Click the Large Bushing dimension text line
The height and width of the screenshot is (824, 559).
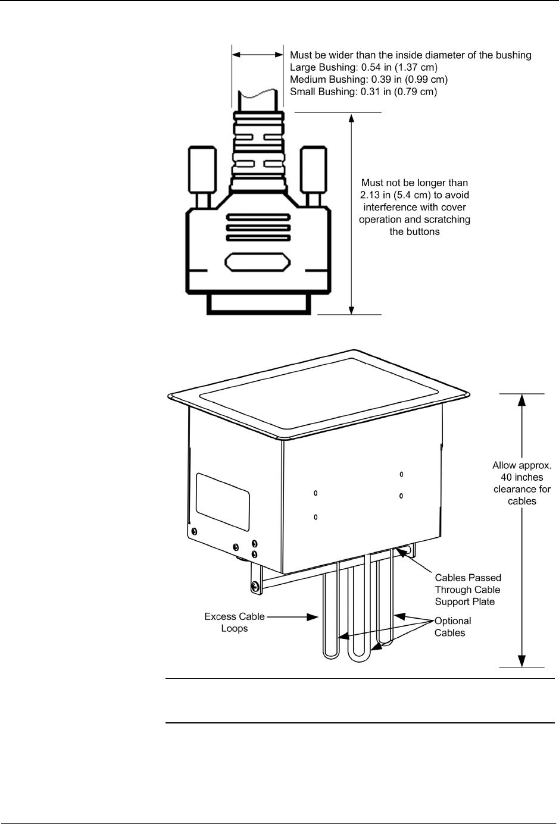pyautogui.click(x=364, y=67)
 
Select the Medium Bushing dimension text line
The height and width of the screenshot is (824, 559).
pyautogui.click(x=368, y=79)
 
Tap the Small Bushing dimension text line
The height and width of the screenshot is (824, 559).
pyautogui.click(x=363, y=92)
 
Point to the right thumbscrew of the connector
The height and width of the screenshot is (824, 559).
pyautogui.click(x=313, y=169)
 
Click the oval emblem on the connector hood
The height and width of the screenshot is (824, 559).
pyautogui.click(x=258, y=262)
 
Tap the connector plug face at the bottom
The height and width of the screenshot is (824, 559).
pyautogui.click(x=258, y=304)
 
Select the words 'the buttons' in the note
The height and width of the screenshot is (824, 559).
pyautogui.click(x=414, y=231)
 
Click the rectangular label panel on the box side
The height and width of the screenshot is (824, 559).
pyautogui.click(x=223, y=501)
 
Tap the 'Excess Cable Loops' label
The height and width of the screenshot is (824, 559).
pyautogui.click(x=235, y=622)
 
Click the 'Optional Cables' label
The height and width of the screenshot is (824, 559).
pyautogui.click(x=452, y=626)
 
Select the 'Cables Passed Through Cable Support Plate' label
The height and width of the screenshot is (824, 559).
pyautogui.click(x=468, y=590)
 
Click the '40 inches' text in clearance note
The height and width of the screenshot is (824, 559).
pyautogui.click(x=521, y=477)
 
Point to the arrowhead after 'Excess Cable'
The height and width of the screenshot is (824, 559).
pyautogui.click(x=313, y=617)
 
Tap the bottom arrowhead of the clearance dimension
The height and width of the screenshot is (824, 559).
pyautogui.click(x=521, y=660)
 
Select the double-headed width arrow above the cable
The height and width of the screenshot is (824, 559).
pyautogui.click(x=258, y=54)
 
